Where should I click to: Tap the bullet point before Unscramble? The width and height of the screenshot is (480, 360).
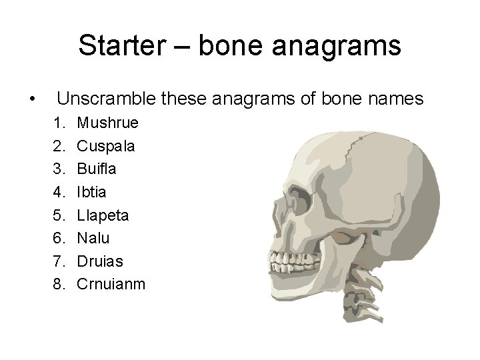[32, 100]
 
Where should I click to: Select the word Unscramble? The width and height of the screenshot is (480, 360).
[106, 99]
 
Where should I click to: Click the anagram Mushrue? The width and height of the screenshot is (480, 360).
[107, 123]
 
